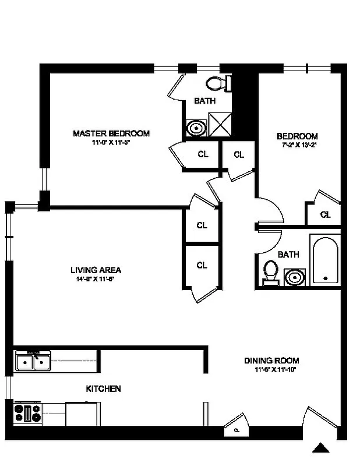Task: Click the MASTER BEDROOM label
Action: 111,133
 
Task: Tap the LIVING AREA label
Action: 96,270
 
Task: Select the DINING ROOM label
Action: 271,361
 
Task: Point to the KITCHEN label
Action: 104,389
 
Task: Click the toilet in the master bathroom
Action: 218,84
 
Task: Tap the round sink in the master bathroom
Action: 196,127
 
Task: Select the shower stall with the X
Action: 220,123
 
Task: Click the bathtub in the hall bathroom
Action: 324,260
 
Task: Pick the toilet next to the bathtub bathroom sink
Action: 270,272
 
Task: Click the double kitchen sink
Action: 33,362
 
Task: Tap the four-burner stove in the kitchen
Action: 28,414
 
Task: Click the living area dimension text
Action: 96,279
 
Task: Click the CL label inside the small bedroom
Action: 325,214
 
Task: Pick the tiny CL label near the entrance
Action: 237,430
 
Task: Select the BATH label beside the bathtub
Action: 288,255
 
